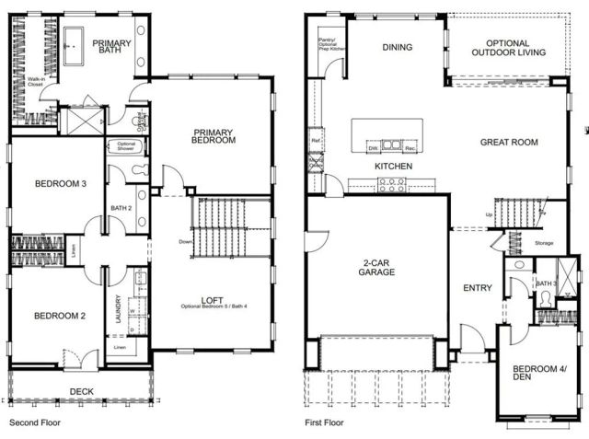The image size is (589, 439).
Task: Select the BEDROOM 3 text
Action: click(x=61, y=184)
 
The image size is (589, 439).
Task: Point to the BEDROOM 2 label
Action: click(x=60, y=317)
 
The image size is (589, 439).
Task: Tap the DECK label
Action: click(x=81, y=392)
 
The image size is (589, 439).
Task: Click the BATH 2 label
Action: click(x=121, y=208)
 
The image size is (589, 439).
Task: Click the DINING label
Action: click(x=397, y=48)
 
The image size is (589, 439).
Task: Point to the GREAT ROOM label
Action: click(x=509, y=143)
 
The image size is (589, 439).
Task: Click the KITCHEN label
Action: click(x=393, y=166)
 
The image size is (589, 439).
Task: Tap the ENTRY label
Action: click(x=477, y=288)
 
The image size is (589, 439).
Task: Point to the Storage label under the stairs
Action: click(x=544, y=243)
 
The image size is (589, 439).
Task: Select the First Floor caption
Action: click(x=324, y=424)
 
